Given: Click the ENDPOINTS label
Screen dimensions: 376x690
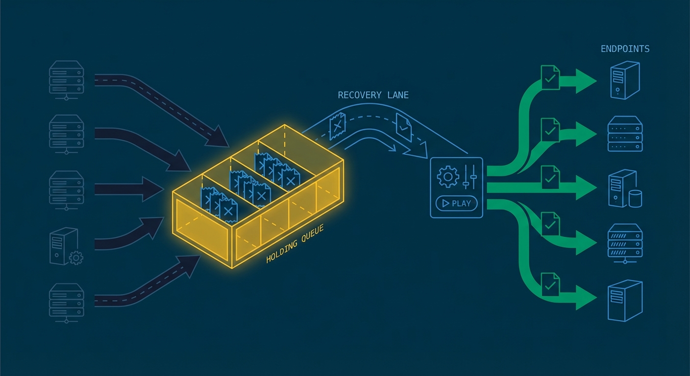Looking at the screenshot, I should [x=625, y=49].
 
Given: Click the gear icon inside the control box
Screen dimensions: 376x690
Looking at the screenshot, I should [x=447, y=177].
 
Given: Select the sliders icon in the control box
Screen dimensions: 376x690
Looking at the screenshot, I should [x=469, y=177].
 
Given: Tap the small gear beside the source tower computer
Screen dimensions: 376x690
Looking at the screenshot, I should [x=76, y=258].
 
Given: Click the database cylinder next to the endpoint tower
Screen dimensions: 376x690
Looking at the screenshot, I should [x=635, y=199].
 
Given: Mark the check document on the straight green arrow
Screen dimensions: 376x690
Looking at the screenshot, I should [x=550, y=177].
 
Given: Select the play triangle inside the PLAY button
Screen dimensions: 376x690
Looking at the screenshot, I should [x=445, y=203].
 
